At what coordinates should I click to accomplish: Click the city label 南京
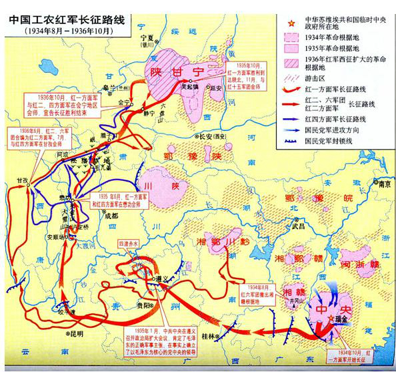pyautogui.click(x=383, y=188)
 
